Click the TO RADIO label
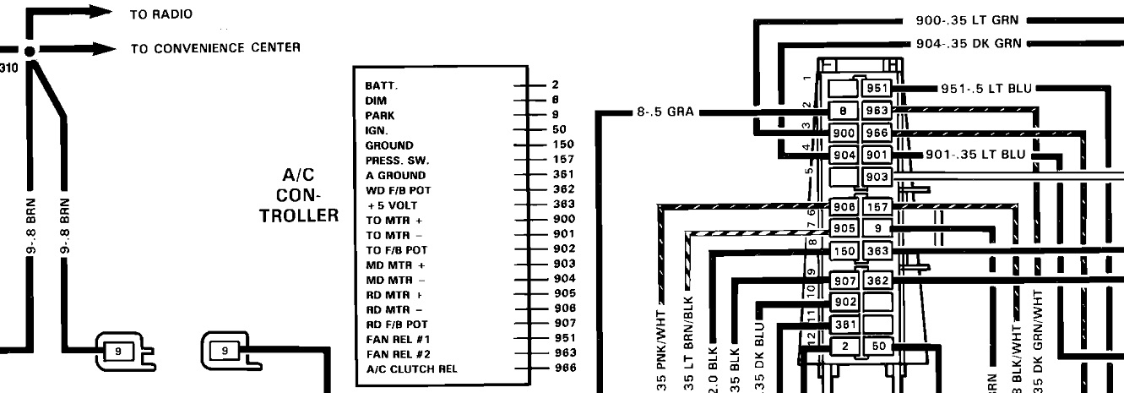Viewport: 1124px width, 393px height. coord(160,14)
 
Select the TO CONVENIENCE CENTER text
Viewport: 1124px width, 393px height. coord(215,47)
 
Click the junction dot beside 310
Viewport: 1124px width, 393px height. coord(31,52)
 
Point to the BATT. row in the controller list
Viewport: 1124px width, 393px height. coord(382,85)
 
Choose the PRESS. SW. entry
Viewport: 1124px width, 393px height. coord(397,160)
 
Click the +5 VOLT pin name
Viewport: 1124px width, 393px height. coord(392,205)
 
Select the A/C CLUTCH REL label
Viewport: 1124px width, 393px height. coord(411,368)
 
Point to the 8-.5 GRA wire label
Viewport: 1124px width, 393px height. coord(665,110)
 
